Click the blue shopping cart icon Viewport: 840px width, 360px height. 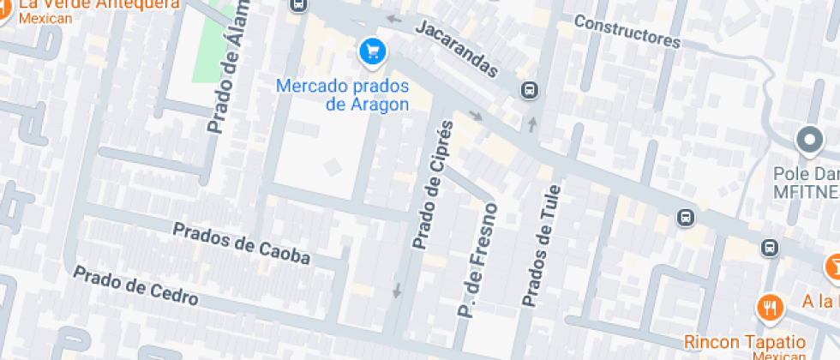371,52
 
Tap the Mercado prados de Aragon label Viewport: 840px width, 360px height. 342,95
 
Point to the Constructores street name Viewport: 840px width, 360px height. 627,31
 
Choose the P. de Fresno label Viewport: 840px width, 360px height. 478,261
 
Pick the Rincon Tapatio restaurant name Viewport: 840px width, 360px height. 744,341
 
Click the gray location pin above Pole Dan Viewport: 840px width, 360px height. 809,139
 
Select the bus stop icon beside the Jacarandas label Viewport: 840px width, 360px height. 530,90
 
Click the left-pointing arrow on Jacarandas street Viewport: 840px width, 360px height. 393,18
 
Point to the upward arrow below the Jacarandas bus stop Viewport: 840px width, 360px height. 532,125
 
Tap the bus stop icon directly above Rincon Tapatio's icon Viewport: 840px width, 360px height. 770,248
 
